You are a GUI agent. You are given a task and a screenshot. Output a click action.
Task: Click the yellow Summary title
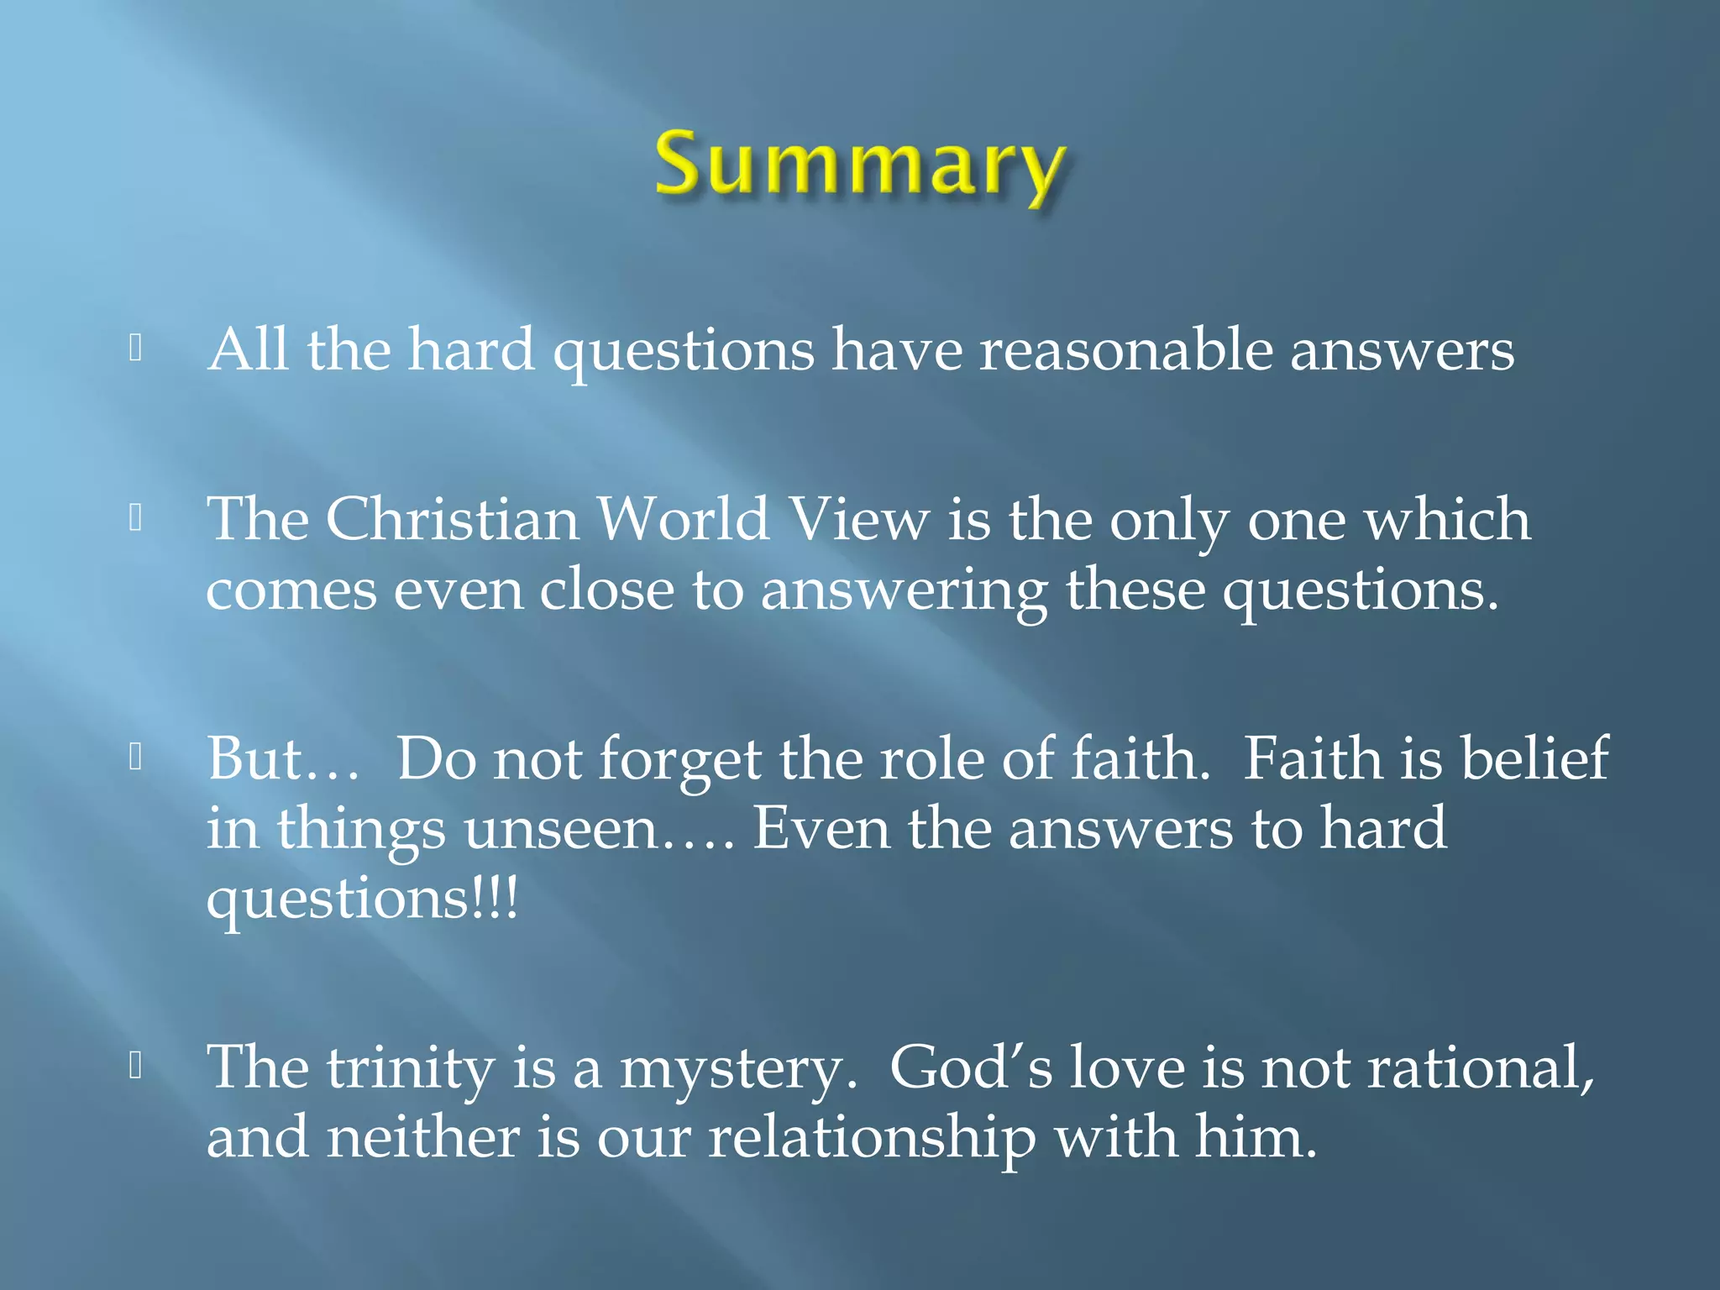860,164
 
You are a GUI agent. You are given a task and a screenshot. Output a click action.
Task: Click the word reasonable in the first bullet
1125,349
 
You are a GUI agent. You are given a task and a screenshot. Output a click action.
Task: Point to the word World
682,519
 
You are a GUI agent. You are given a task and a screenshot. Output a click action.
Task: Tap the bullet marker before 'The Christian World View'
135,518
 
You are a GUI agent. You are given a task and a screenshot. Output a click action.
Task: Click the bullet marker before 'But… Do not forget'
135,758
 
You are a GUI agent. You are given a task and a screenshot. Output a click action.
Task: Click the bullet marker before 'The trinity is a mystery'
135,1066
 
